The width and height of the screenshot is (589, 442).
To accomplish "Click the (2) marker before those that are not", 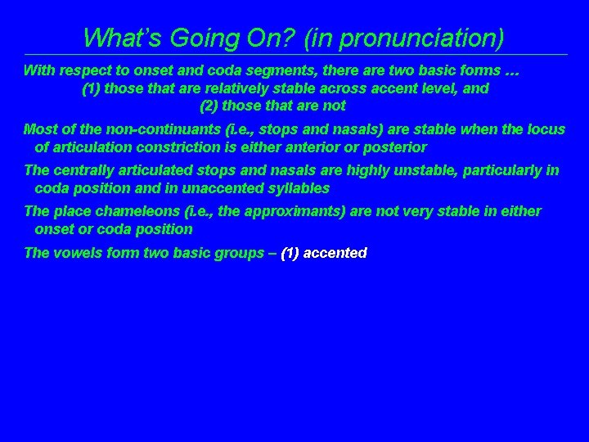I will (209, 106).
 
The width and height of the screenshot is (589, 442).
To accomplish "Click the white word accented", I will (335, 253).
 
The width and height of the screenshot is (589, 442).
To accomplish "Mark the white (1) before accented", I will (290, 253).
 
